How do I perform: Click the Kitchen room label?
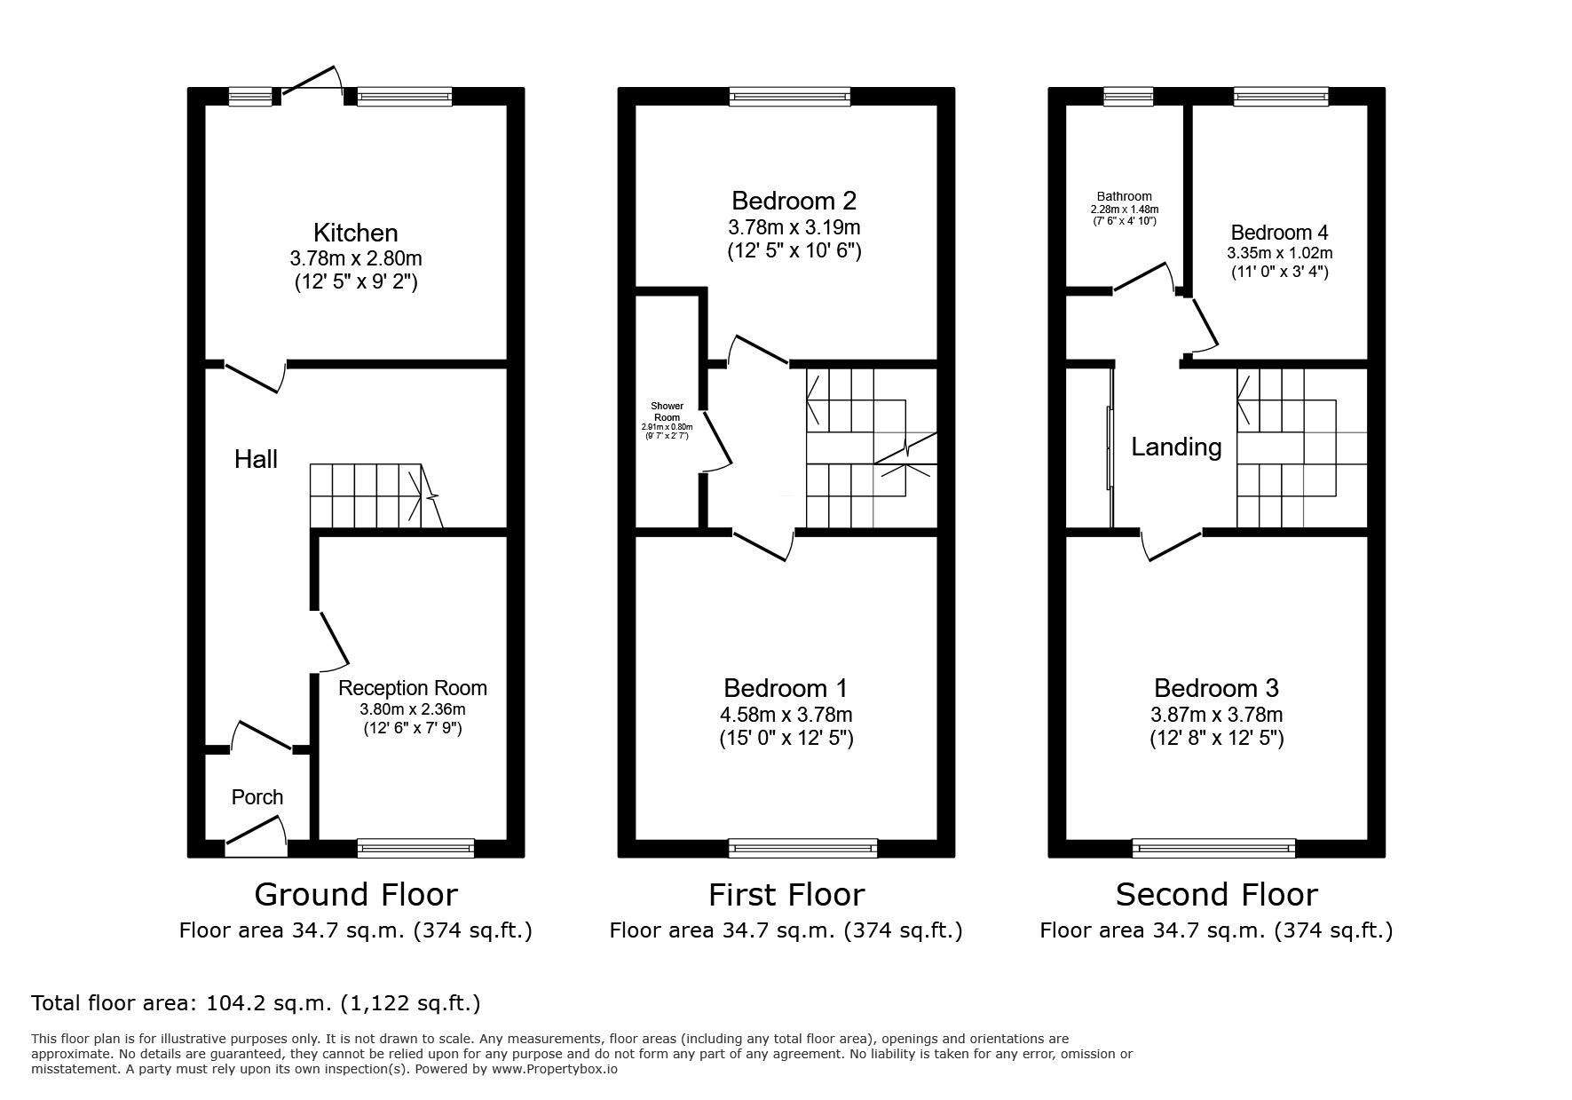(355, 233)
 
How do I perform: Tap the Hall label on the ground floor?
(256, 459)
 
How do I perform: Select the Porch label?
(257, 797)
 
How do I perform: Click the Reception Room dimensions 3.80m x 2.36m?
(412, 709)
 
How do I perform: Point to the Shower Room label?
(667, 411)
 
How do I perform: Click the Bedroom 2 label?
(794, 201)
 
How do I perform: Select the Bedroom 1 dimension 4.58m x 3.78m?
(786, 715)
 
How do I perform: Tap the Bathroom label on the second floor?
(1124, 197)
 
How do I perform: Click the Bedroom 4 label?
(1279, 233)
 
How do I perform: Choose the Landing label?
(1176, 447)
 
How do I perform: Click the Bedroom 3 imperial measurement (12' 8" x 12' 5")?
(1216, 738)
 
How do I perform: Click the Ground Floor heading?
(355, 894)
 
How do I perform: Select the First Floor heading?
(786, 894)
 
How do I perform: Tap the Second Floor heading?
(1216, 894)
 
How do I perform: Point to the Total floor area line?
(256, 1003)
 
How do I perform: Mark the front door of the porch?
(256, 838)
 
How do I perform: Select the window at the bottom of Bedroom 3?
(1213, 848)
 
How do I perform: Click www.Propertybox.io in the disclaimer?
(555, 1070)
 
